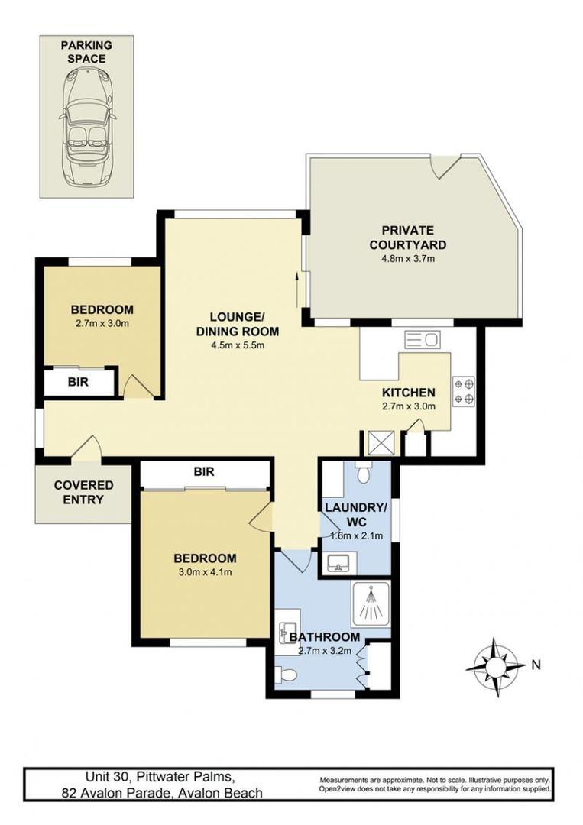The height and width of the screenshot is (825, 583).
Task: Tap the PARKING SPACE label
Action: (86, 52)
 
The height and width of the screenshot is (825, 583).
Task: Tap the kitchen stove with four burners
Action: (464, 390)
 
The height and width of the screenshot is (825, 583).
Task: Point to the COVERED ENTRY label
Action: (83, 493)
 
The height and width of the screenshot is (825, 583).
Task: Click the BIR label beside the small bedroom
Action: (78, 382)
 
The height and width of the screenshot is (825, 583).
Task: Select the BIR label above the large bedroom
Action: (203, 472)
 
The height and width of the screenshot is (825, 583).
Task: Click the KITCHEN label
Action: (409, 392)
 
